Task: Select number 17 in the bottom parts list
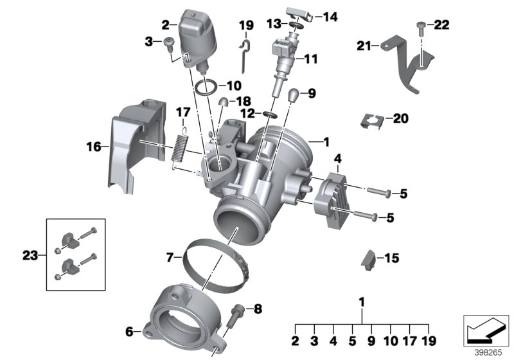pos(409,341)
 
